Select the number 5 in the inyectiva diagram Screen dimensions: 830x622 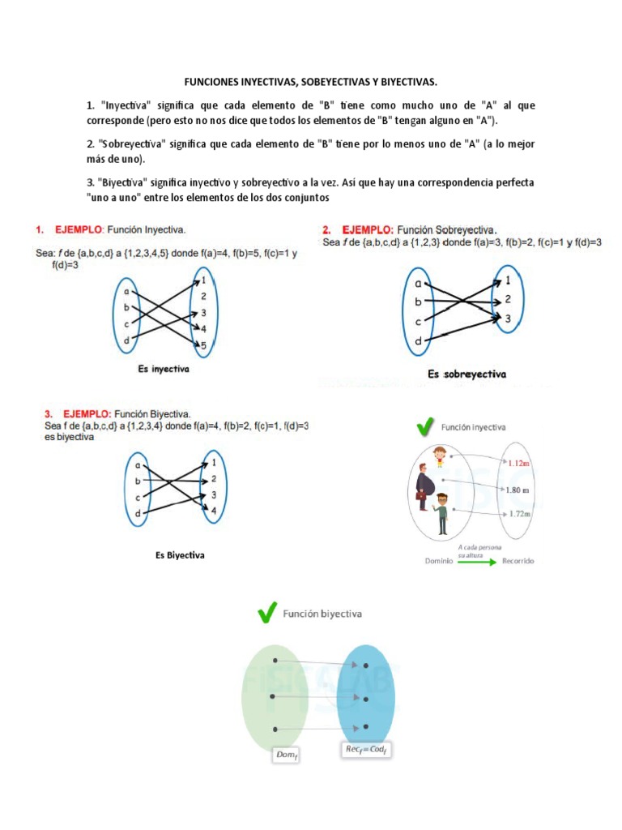(x=203, y=345)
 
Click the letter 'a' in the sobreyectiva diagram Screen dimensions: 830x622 (x=418, y=284)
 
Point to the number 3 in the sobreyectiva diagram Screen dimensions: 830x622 (x=507, y=319)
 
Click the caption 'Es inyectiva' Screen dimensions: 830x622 (x=164, y=369)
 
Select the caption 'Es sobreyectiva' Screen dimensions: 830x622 (x=466, y=374)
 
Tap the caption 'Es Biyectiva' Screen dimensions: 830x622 (x=180, y=555)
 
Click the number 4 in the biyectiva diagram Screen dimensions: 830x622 (x=214, y=511)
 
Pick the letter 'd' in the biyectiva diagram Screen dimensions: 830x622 (x=138, y=514)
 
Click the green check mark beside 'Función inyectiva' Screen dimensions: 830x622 (x=424, y=426)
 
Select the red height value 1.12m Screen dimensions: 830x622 (x=518, y=463)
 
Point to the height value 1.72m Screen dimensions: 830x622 (x=518, y=514)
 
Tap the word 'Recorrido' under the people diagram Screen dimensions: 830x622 (x=517, y=561)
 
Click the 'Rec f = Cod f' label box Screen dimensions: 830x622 (x=367, y=751)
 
